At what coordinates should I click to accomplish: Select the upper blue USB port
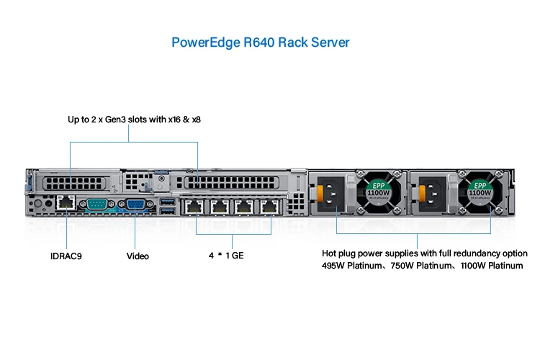click(168, 200)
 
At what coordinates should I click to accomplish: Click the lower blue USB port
click(168, 211)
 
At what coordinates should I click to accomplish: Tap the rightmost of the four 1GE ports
click(270, 207)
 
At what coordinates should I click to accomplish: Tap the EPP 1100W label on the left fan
click(378, 190)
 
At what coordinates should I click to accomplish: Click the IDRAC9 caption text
click(66, 256)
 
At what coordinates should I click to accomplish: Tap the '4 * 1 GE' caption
click(225, 256)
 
